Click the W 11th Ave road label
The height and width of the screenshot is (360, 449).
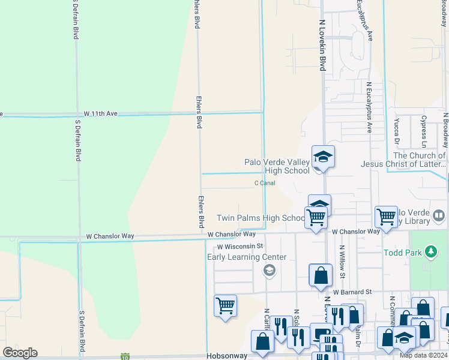(100, 113)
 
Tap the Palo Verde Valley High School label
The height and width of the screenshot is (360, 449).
(277, 166)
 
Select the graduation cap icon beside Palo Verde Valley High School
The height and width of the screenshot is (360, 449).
(323, 158)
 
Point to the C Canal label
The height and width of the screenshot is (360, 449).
(265, 183)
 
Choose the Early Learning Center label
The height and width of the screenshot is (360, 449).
(247, 257)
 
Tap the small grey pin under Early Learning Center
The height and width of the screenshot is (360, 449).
(270, 271)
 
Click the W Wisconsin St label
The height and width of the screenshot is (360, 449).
(240, 246)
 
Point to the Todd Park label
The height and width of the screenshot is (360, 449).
(402, 253)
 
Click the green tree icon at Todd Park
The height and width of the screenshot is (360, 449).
(430, 253)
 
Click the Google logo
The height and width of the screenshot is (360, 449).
(20, 352)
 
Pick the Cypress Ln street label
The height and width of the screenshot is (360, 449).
(424, 131)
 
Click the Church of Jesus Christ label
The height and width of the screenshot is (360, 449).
(403, 160)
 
